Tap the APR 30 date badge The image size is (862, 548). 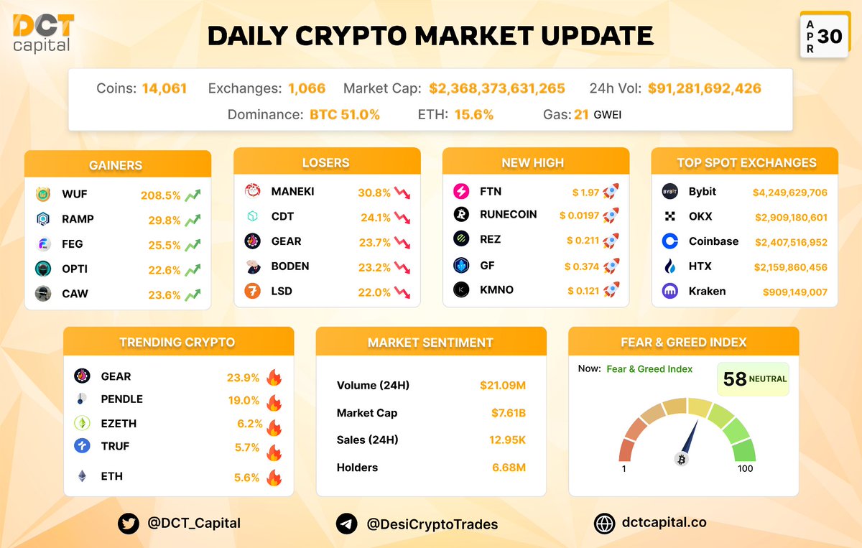click(x=822, y=36)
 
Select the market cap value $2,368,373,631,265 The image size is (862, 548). click(x=497, y=88)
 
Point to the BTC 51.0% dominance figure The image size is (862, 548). click(x=345, y=114)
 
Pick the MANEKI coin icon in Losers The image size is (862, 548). click(x=253, y=191)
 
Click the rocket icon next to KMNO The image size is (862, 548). click(x=611, y=289)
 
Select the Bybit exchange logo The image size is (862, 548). click(x=669, y=192)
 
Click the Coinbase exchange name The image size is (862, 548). click(x=713, y=241)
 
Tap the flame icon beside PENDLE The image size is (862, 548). click(x=273, y=402)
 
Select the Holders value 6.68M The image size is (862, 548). click(x=509, y=468)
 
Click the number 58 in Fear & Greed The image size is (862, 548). click(x=734, y=379)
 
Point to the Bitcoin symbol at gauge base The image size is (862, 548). click(x=682, y=459)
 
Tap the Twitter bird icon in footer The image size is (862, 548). click(x=129, y=524)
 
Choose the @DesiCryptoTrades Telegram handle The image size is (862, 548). click(x=432, y=524)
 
